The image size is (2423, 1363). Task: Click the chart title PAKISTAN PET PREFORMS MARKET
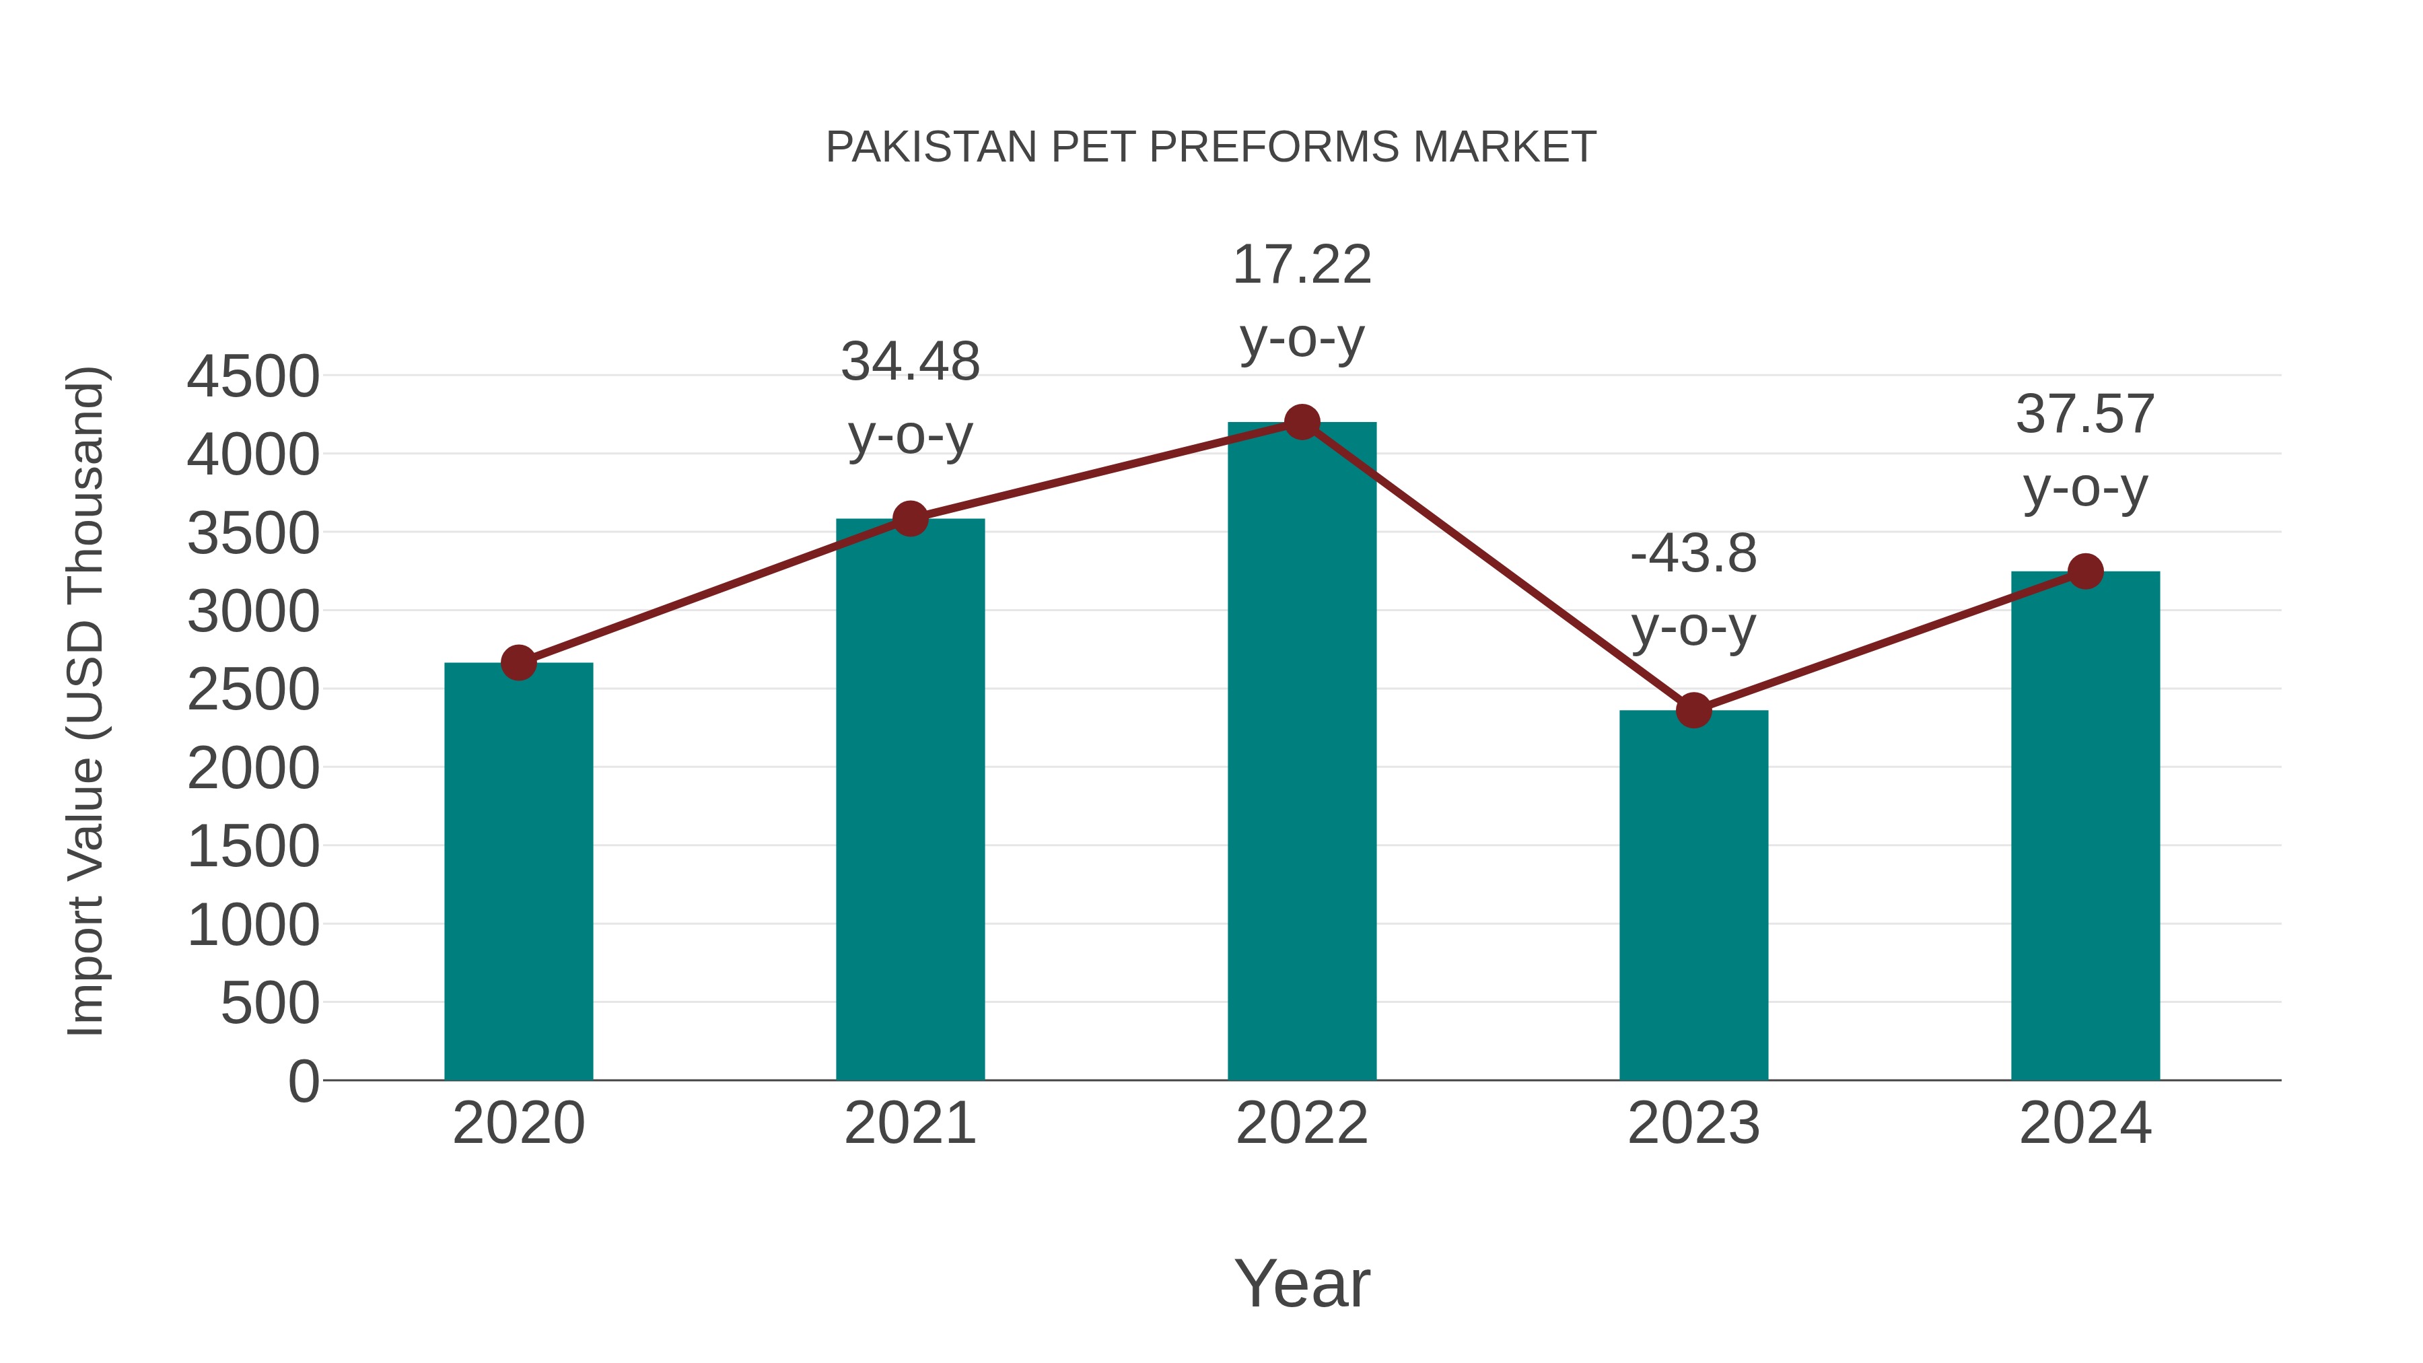pyautogui.click(x=1211, y=147)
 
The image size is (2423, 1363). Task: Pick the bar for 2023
pyautogui.click(x=1693, y=895)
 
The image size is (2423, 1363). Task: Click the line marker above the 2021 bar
pyautogui.click(x=909, y=518)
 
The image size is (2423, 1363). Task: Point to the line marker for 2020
pyautogui.click(x=518, y=662)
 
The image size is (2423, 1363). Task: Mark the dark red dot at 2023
pyautogui.click(x=1693, y=710)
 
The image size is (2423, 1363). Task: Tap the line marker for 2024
pyautogui.click(x=2085, y=571)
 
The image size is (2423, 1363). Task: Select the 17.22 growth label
pyautogui.click(x=1302, y=300)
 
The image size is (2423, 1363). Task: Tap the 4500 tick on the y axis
pyautogui.click(x=253, y=376)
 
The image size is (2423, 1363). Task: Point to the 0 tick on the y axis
pyautogui.click(x=303, y=1081)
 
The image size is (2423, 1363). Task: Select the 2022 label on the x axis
pyautogui.click(x=1302, y=1123)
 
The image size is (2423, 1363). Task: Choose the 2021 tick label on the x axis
pyautogui.click(x=909, y=1123)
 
